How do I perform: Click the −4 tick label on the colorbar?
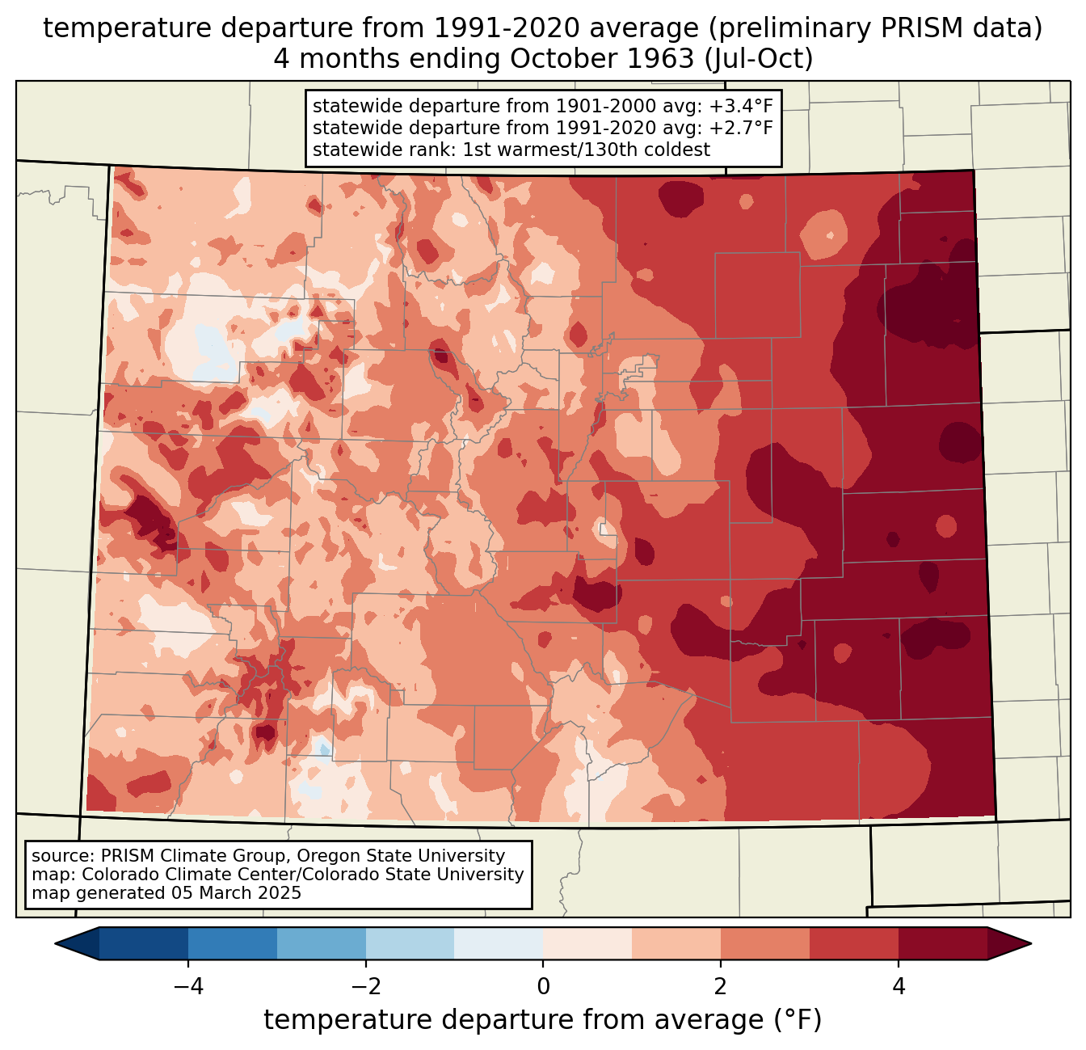click(187, 986)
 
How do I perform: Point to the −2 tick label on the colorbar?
click(365, 986)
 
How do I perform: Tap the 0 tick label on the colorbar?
click(543, 986)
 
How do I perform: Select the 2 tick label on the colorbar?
click(721, 986)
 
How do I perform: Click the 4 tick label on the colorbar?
click(899, 986)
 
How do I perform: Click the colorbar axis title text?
click(543, 1020)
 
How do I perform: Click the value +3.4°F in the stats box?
click(741, 106)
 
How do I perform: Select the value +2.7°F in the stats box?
click(741, 128)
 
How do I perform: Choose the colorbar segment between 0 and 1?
click(587, 943)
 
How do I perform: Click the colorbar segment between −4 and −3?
click(232, 943)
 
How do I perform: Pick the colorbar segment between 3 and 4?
click(854, 943)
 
